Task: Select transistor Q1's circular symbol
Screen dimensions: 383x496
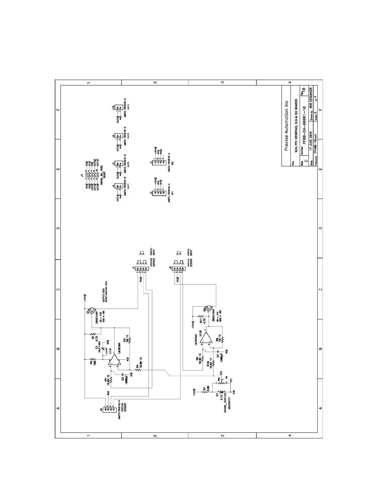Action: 93,311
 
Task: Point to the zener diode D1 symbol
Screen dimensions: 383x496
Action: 222,392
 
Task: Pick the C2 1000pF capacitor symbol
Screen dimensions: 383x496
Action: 122,375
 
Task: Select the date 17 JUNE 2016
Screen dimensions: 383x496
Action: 311,142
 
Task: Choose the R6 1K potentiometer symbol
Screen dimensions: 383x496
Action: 222,381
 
